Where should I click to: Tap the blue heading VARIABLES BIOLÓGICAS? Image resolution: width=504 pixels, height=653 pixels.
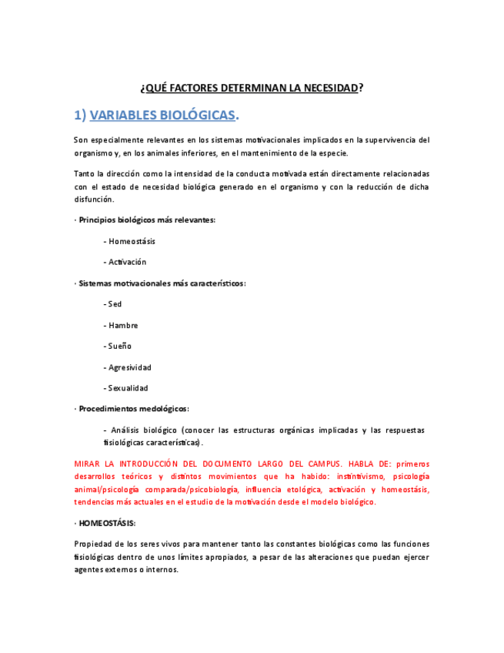[162, 116]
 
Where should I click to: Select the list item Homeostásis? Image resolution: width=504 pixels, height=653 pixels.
[132, 241]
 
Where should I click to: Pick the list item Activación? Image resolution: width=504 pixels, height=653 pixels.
[127, 262]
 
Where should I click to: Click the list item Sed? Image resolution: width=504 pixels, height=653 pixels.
[115, 304]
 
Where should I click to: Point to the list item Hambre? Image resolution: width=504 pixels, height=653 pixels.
[123, 325]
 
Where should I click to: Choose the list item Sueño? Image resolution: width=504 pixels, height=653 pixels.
[119, 346]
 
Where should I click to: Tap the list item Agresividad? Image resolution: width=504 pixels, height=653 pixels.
[129, 367]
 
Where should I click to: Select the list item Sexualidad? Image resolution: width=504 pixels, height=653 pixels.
[128, 388]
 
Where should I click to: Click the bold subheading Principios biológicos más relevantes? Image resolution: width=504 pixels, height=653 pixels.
[147, 219]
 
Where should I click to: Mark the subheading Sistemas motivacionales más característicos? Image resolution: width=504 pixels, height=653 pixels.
[162, 283]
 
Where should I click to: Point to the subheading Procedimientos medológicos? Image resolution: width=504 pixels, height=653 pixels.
[134, 409]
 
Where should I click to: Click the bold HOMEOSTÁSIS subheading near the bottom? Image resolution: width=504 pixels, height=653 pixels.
[107, 523]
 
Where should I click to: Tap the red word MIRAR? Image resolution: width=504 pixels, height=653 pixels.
[88, 464]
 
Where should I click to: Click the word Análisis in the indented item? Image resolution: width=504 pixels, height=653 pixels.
[126, 430]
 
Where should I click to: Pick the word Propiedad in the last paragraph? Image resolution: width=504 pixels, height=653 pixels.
[93, 544]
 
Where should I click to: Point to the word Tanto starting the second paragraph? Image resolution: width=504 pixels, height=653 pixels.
[85, 173]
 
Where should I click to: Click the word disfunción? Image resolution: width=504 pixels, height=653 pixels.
[94, 199]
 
